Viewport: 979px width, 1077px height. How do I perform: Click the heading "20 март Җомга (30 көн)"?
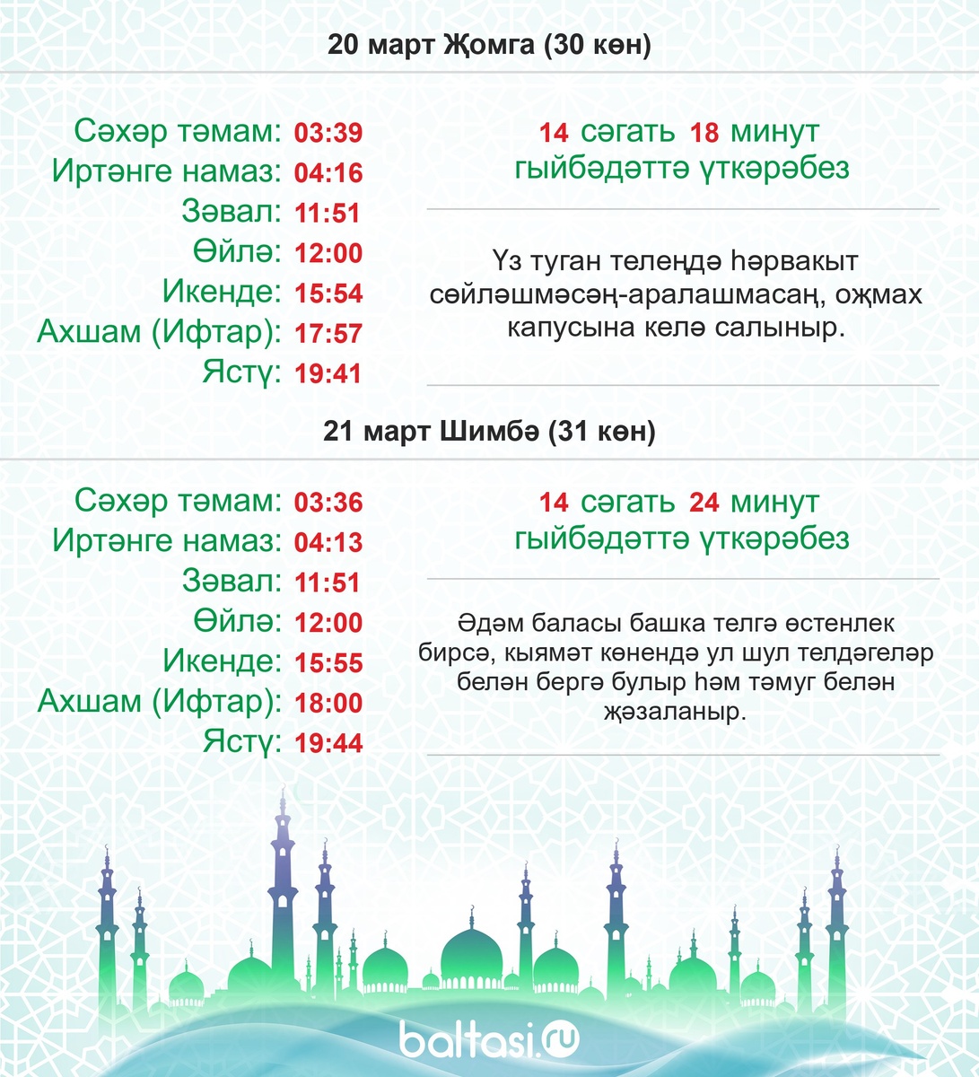489,45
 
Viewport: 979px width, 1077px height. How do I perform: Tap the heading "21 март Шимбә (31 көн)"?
489,432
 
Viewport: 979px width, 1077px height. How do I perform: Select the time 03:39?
328,134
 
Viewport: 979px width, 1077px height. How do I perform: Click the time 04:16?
328,173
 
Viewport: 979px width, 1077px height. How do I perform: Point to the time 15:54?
328,293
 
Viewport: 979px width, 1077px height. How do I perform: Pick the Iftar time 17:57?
328,334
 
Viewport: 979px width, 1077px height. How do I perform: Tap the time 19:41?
328,373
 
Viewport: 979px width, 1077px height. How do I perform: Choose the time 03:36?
328,503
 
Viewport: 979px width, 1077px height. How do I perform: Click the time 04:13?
328,542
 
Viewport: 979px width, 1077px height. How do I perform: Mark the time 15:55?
328,663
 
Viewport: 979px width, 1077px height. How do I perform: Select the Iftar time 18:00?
328,703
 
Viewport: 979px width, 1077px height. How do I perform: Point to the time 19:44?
328,743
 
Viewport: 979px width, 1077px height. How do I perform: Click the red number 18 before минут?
704,133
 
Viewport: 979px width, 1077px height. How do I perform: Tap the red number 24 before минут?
704,503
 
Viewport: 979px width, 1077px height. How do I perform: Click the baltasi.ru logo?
489,1039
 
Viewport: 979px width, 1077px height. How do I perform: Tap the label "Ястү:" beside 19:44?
243,742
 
